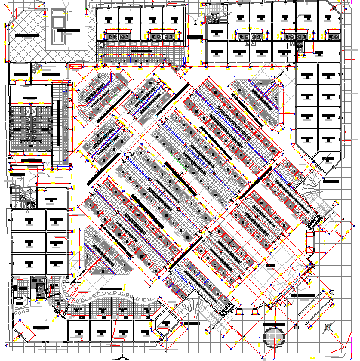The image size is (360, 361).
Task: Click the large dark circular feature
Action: pyautogui.click(x=272, y=336)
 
